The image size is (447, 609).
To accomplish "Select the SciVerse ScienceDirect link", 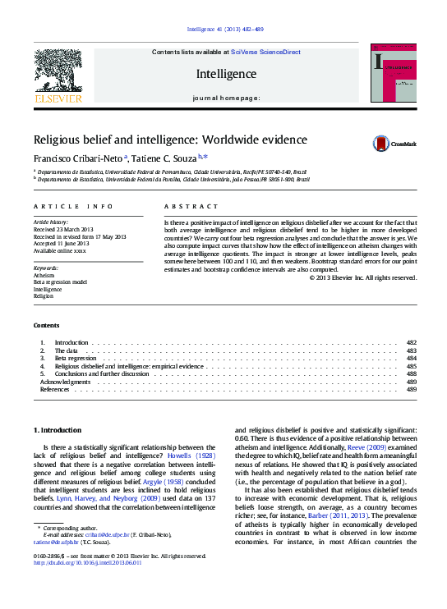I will click(x=257, y=52).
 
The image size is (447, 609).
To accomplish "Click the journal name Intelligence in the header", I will click(x=226, y=74).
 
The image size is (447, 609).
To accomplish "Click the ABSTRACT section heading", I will click(x=191, y=207).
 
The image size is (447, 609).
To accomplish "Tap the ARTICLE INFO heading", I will click(x=72, y=207).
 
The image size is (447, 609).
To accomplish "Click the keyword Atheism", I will click(x=44, y=276).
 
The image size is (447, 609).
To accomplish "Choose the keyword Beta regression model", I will click(x=59, y=282).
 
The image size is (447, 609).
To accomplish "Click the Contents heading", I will click(x=46, y=326).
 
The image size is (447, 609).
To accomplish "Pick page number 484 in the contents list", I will click(x=412, y=358).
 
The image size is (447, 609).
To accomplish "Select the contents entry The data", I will click(x=66, y=350).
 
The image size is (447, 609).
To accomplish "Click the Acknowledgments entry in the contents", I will click(x=66, y=382).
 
